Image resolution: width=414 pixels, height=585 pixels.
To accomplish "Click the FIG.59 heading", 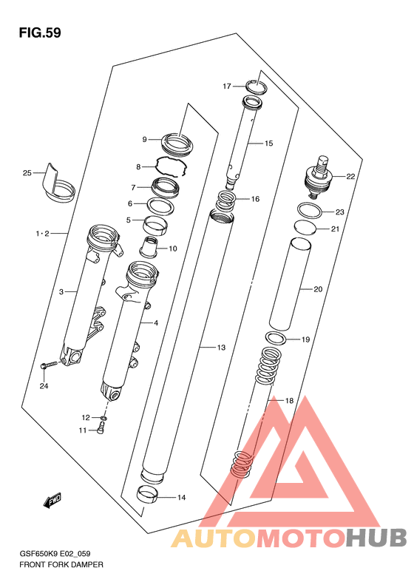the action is pos(40,33).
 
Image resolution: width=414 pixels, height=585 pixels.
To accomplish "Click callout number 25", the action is pos(27,173).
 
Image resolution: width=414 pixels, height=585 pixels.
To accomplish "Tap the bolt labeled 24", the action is pos(51,365).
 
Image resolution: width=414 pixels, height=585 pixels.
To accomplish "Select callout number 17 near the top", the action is pos(227,87).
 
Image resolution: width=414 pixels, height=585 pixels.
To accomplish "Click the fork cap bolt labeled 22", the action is pos(318,177).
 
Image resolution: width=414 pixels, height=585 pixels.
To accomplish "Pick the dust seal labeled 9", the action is pos(177,144).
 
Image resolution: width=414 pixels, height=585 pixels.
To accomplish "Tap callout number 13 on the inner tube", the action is pos(221,348).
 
